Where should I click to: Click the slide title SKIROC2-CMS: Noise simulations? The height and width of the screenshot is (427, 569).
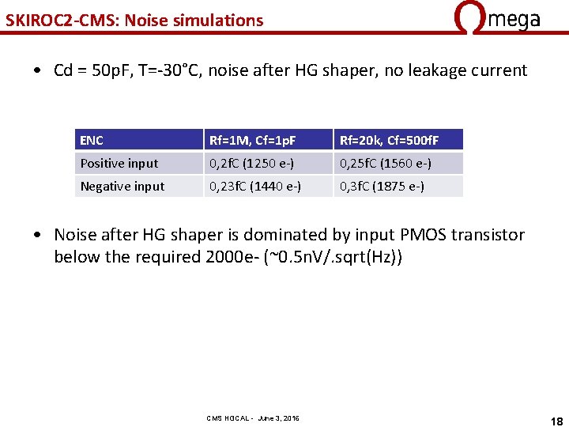point(134,21)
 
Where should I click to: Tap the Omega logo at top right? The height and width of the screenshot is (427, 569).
point(497,17)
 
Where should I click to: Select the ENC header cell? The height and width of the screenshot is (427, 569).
point(92,141)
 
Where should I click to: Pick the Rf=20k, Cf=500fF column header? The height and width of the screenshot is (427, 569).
point(389,141)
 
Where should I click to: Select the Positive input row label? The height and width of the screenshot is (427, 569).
point(119,164)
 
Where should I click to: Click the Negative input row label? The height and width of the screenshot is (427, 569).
point(122,187)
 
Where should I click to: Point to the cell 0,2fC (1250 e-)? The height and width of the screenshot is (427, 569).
point(254,164)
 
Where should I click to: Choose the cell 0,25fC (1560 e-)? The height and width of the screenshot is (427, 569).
point(386,164)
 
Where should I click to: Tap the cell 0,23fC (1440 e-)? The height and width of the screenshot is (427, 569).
point(254,187)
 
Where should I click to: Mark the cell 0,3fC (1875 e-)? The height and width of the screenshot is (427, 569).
point(382,187)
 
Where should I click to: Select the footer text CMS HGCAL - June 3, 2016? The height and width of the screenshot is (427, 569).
point(253,418)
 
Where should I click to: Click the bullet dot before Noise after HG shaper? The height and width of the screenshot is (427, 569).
point(39,236)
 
